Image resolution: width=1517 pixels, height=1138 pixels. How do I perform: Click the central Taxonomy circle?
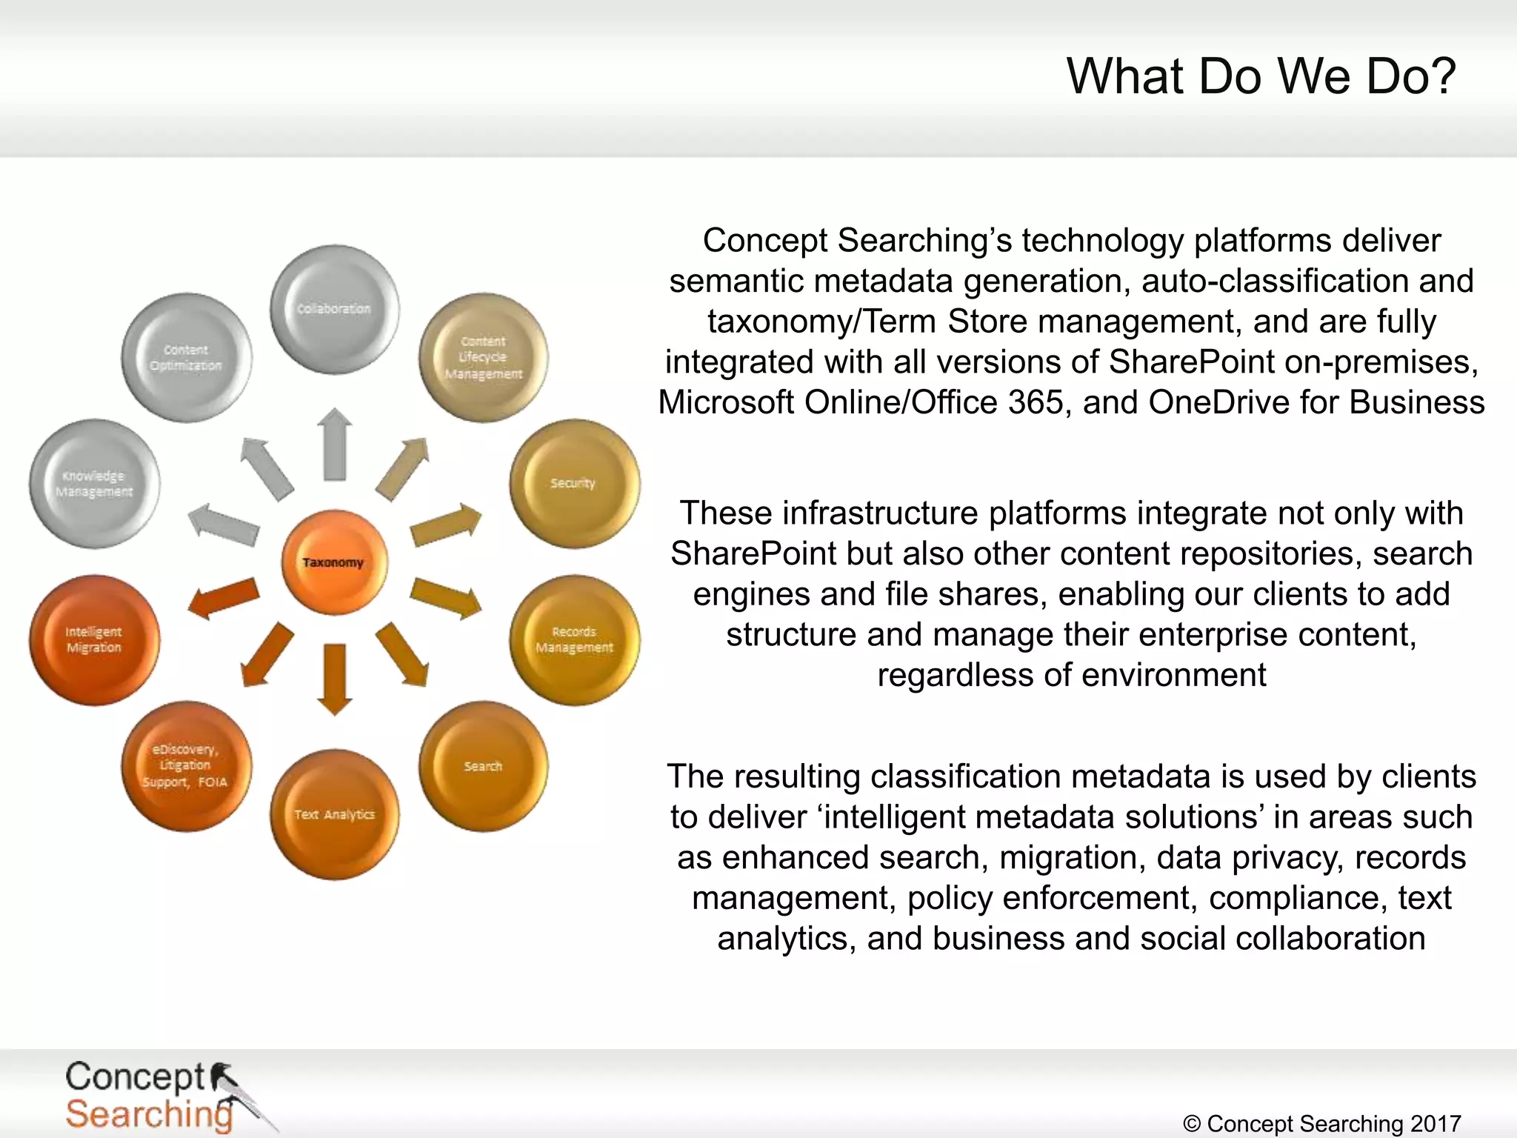[334, 562]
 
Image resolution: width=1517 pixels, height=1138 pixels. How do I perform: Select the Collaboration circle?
[334, 309]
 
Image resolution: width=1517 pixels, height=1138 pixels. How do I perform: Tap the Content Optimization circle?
[186, 357]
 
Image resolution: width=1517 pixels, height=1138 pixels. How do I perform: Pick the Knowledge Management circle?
[94, 484]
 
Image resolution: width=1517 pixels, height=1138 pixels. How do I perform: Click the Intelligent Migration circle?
[94, 639]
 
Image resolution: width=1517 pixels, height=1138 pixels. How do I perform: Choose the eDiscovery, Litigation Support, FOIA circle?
[186, 766]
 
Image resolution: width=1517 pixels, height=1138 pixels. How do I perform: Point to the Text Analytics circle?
[334, 814]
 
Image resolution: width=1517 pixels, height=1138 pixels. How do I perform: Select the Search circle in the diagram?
[483, 766]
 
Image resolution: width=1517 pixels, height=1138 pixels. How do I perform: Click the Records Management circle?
[575, 639]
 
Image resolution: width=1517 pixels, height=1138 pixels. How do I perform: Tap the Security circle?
[575, 484]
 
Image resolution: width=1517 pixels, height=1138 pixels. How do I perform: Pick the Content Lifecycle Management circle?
[483, 357]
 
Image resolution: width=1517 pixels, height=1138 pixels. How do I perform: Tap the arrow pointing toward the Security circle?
[446, 524]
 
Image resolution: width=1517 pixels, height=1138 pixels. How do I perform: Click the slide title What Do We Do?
[1261, 76]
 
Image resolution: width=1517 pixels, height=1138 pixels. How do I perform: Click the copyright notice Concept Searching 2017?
[1321, 1123]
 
